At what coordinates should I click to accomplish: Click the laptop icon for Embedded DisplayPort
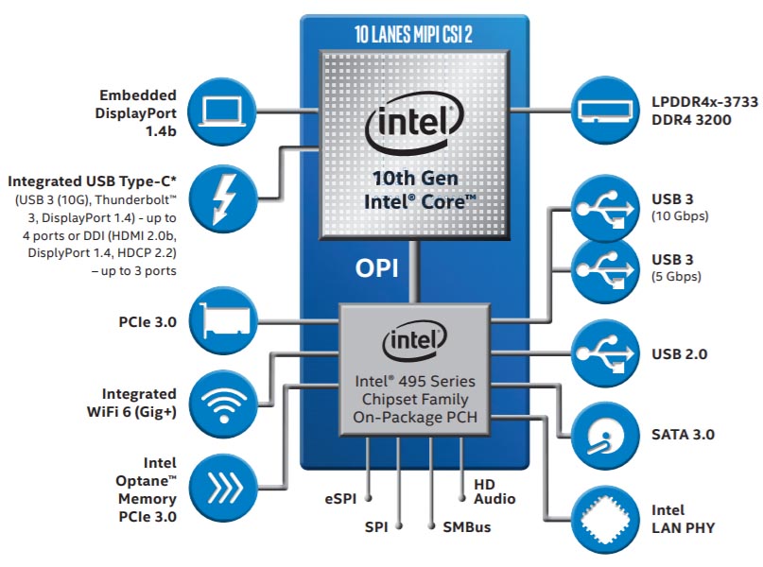click(x=222, y=112)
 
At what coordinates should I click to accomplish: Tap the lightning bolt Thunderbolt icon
click(x=222, y=198)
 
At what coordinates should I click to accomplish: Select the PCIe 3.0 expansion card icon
click(x=223, y=320)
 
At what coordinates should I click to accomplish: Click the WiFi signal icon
click(x=223, y=404)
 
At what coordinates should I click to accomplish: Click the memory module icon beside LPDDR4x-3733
click(x=605, y=111)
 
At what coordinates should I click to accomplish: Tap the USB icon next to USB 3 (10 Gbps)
click(x=605, y=209)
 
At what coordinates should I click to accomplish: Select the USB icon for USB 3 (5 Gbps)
click(x=605, y=270)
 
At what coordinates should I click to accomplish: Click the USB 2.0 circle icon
click(x=605, y=353)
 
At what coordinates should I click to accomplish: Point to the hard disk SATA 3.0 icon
click(x=605, y=436)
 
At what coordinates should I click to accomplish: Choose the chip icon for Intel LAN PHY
click(x=605, y=520)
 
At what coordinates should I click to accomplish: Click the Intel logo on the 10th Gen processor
click(x=414, y=123)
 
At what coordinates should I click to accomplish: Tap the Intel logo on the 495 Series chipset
click(x=414, y=341)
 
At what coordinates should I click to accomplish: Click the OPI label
click(x=376, y=268)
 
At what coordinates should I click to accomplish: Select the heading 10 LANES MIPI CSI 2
click(x=413, y=34)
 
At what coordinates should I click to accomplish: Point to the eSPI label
click(x=340, y=499)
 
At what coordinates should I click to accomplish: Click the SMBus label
click(x=467, y=527)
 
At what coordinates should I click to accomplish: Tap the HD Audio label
click(x=494, y=491)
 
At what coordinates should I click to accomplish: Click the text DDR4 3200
click(x=691, y=120)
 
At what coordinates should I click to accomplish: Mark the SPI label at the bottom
click(x=376, y=527)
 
